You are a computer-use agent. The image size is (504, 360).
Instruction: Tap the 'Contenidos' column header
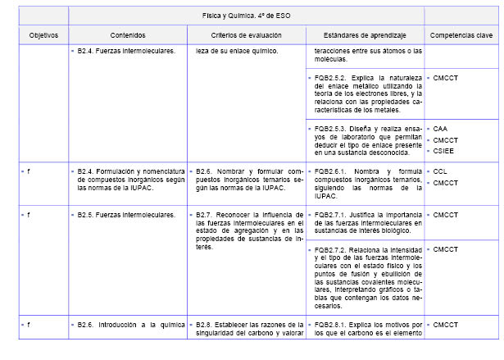127,35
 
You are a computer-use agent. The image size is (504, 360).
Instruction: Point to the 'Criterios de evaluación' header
246,35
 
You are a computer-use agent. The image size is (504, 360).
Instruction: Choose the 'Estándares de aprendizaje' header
364,35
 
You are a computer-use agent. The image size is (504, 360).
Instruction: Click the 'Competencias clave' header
461,35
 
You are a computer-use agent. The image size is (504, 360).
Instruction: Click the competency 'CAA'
440,129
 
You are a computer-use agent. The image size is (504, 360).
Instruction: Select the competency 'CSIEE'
443,151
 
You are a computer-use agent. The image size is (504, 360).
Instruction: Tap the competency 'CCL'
440,171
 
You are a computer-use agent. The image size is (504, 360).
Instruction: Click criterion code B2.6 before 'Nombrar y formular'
204,171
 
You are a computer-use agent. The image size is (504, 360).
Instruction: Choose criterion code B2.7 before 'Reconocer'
204,215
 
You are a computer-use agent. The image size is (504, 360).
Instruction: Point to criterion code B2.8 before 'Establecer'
204,326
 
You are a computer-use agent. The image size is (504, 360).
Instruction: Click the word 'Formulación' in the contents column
122,171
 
